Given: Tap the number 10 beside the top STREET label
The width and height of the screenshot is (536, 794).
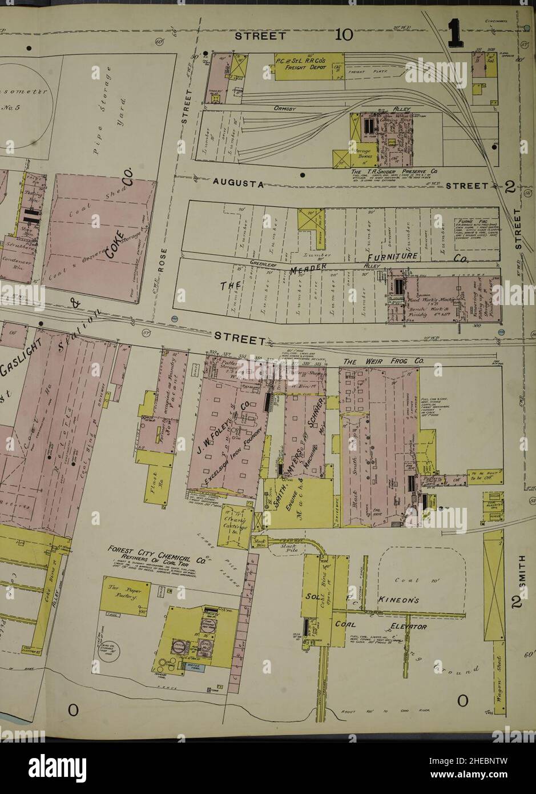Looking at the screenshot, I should [344, 35].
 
